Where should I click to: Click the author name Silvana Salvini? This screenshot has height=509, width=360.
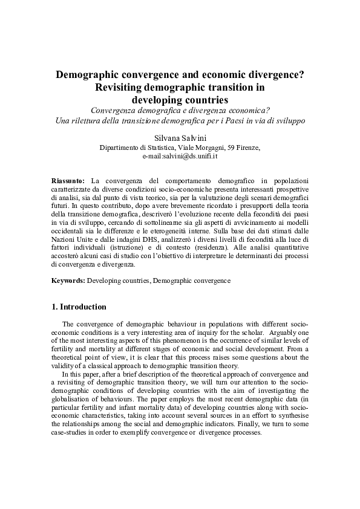(180, 137)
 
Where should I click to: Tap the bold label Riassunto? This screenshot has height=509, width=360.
(68, 181)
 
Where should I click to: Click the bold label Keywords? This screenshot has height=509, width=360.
(68, 280)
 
